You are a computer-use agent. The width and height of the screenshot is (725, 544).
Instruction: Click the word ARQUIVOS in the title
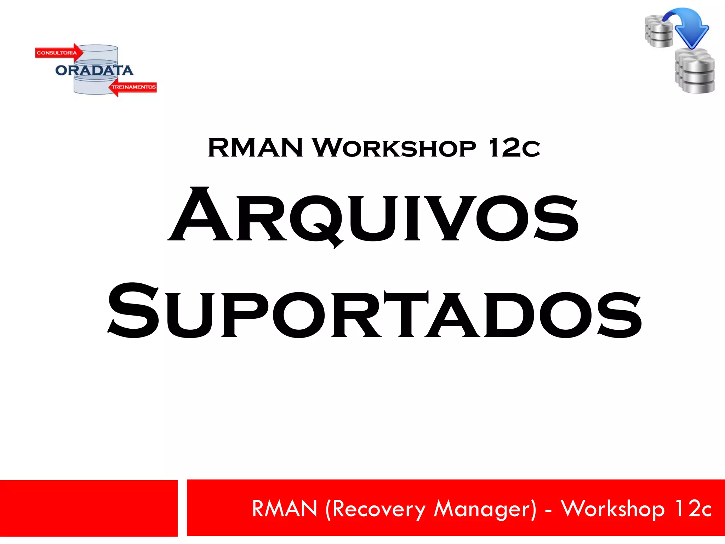pyautogui.click(x=373, y=216)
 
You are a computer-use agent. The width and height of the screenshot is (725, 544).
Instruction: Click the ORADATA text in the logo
pyautogui.click(x=94, y=70)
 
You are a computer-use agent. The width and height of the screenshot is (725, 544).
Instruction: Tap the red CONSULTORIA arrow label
pyautogui.click(x=58, y=53)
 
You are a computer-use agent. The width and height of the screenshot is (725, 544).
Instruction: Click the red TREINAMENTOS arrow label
pyautogui.click(x=133, y=87)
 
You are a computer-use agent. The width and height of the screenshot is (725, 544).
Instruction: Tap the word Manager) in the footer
pyautogui.click(x=485, y=509)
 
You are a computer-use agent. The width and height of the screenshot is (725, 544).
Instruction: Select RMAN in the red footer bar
pyautogui.click(x=285, y=509)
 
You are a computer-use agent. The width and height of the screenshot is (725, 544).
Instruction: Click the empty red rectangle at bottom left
pyautogui.click(x=89, y=508)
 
